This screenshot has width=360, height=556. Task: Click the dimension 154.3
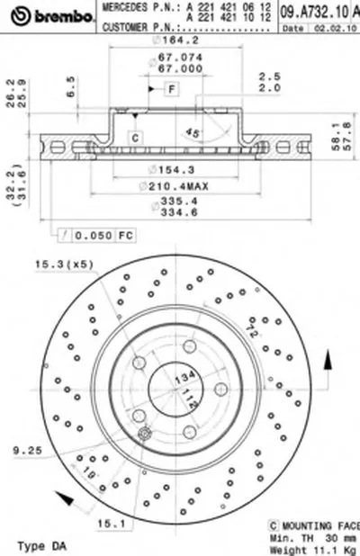coord(172,170)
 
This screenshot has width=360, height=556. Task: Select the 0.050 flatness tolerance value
coord(92,235)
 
